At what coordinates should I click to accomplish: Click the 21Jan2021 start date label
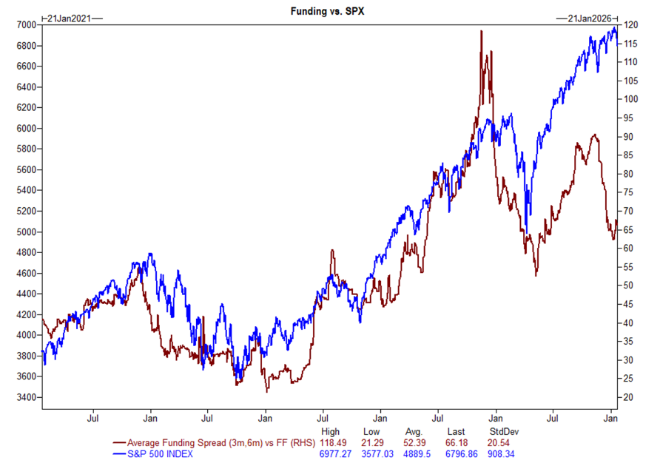(69, 18)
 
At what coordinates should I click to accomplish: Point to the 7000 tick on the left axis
(25, 25)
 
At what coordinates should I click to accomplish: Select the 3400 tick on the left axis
(25, 398)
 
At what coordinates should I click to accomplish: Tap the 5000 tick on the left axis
(25, 232)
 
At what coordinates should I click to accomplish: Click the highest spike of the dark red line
(482, 31)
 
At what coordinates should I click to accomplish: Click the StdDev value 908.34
(503, 453)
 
